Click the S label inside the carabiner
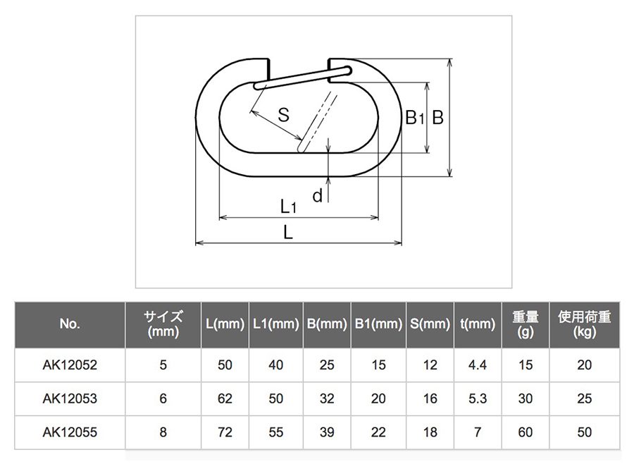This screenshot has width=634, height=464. pos(283,114)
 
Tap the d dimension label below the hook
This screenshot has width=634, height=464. pos(318,196)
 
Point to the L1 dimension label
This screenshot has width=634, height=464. pos(288,207)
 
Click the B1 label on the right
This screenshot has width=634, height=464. pos(414,118)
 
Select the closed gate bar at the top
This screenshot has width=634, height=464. pos(303,78)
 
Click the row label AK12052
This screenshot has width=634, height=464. pos(70,365)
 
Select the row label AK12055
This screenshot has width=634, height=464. pos(70,432)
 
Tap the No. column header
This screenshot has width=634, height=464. pos(70,324)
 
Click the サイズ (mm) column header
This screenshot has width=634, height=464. pos(163,324)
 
